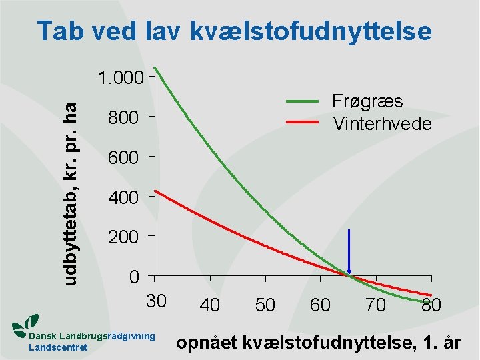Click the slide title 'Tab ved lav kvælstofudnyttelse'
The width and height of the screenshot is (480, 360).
coord(234,31)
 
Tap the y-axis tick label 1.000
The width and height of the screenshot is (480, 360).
coord(120,79)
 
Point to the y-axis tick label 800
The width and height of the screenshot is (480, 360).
coord(123,119)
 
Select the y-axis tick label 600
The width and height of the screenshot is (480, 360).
coord(123,158)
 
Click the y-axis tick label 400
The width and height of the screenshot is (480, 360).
coord(123,198)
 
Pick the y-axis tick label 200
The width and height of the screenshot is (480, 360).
coord(123,237)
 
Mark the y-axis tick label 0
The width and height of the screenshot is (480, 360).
coord(135,277)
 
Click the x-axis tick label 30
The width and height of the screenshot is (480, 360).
coord(156,301)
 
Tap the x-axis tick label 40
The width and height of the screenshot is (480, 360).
coord(210,305)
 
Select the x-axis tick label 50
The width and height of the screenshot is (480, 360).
coord(265,305)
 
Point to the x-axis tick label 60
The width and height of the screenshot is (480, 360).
coord(321,305)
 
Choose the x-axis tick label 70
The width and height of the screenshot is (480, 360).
coord(376,305)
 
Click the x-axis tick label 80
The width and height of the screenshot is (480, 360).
coord(431,305)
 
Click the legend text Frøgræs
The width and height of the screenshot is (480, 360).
coord(367,101)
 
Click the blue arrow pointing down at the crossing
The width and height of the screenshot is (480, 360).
coord(348,253)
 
